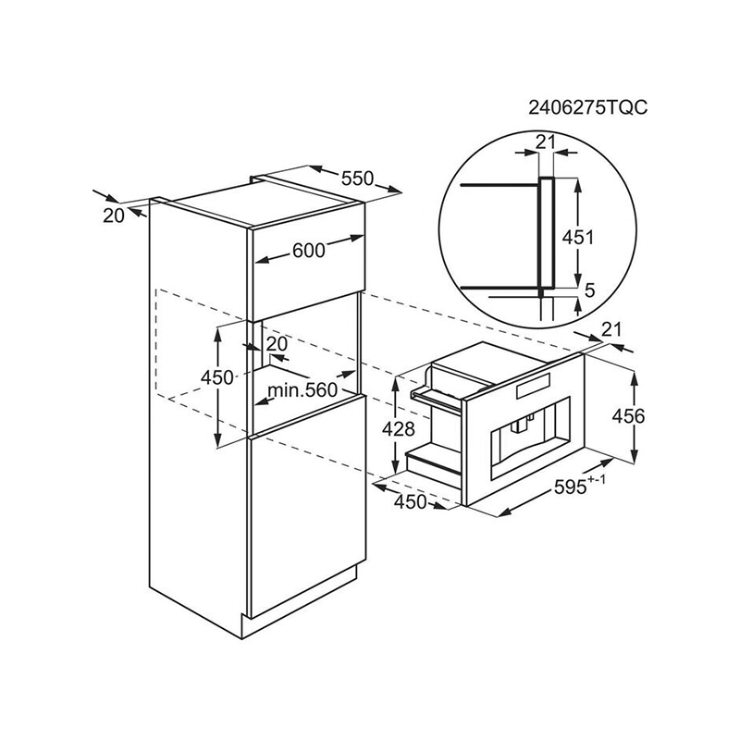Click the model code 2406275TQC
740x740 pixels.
(x=587, y=108)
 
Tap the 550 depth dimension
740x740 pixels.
(x=357, y=179)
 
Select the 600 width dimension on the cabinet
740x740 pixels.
(x=309, y=250)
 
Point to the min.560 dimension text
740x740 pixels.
(x=302, y=389)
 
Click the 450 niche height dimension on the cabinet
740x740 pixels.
(x=217, y=377)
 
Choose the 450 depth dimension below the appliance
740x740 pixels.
(x=410, y=502)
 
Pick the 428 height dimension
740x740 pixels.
(x=398, y=429)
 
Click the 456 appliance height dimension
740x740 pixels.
(x=628, y=416)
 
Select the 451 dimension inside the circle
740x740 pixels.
(x=577, y=237)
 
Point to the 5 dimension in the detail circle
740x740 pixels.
(x=589, y=290)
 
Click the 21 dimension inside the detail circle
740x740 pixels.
(x=546, y=142)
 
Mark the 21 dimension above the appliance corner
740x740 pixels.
(x=611, y=329)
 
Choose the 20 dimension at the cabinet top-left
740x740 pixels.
(x=113, y=216)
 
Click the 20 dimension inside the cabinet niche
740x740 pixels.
(x=277, y=344)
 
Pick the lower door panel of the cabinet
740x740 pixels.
(x=308, y=507)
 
